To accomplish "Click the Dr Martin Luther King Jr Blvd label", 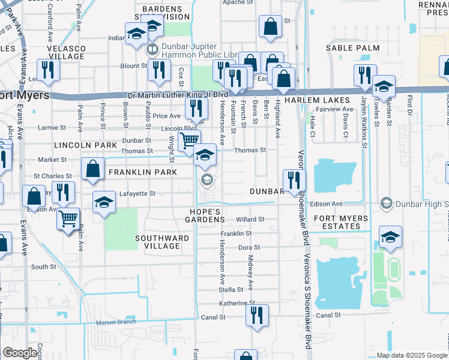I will pyautogui.click(x=178, y=95).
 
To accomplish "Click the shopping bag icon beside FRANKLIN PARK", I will pyautogui.click(x=93, y=170).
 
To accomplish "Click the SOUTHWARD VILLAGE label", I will pyautogui.click(x=162, y=242).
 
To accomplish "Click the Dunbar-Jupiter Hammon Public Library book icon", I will pyautogui.click(x=152, y=49).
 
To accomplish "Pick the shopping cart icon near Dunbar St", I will pyautogui.click(x=189, y=140).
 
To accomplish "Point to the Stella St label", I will pyautogui.click(x=231, y=289).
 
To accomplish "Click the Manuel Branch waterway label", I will pyautogui.click(x=113, y=322).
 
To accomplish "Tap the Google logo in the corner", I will pyautogui.click(x=20, y=353).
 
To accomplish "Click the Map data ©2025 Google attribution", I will pyautogui.click(x=411, y=355).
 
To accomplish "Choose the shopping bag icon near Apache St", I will pyautogui.click(x=270, y=26).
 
